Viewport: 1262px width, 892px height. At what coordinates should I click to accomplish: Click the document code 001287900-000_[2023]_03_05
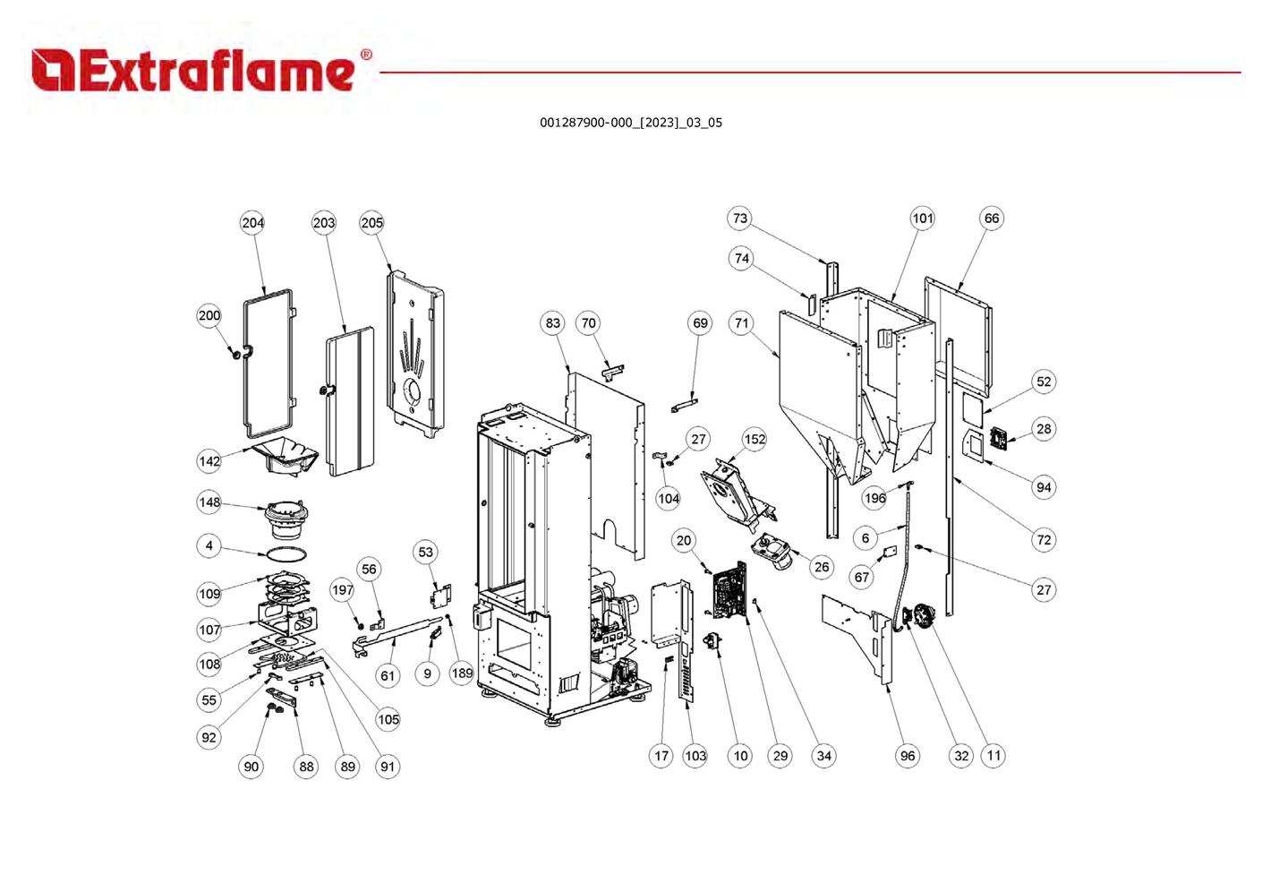click(x=630, y=123)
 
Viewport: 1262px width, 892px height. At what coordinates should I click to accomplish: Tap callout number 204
click(x=253, y=223)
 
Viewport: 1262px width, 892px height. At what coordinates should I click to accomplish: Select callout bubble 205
click(x=371, y=223)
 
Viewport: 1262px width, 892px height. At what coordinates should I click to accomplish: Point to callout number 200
click(x=209, y=315)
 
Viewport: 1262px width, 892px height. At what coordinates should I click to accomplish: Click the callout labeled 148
click(x=209, y=502)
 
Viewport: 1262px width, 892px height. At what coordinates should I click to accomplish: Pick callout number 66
click(x=992, y=219)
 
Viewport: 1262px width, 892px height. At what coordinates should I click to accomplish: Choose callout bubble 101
click(x=922, y=219)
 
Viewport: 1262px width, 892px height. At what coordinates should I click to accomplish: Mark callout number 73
click(x=739, y=219)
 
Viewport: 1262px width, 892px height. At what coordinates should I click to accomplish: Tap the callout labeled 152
click(x=755, y=439)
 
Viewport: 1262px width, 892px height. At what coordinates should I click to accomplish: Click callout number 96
click(x=908, y=756)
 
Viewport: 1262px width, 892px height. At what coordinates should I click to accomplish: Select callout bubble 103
click(x=695, y=756)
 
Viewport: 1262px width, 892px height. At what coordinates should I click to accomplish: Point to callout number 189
click(x=462, y=673)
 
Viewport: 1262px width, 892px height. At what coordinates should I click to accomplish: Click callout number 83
click(x=552, y=323)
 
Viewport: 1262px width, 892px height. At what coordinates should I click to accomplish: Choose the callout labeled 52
click(x=1044, y=382)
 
